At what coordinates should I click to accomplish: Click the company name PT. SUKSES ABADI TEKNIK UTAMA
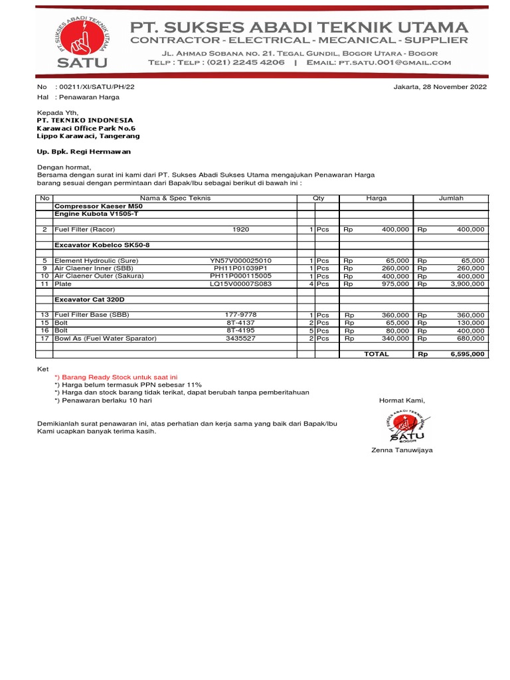coord(299,27)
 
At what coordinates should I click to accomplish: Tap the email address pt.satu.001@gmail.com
coord(394,62)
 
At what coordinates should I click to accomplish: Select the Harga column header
coord(376,198)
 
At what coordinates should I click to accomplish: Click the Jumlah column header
coord(451,198)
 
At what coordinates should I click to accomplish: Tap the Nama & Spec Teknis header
coord(175,198)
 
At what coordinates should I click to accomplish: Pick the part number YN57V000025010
coord(240,261)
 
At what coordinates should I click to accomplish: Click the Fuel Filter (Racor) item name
coord(84,229)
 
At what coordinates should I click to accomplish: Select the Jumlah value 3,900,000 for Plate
coord(467,284)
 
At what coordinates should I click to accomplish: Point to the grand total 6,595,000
coord(467,354)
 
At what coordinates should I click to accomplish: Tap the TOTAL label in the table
coord(376,354)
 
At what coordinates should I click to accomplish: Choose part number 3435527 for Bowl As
coord(240,339)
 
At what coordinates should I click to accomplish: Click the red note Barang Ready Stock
coord(116,377)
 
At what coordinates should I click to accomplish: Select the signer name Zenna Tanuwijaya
coord(402,450)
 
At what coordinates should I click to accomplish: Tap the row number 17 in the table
coord(44,339)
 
